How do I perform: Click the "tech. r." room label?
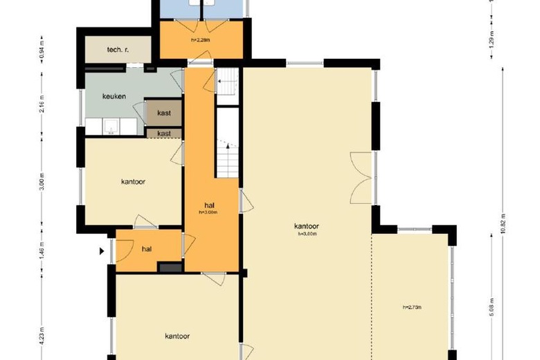[118, 50]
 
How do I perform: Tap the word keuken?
[114, 96]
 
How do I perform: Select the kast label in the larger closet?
[163, 112]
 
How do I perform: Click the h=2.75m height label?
[412, 307]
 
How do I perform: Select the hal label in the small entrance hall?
[147, 249]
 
